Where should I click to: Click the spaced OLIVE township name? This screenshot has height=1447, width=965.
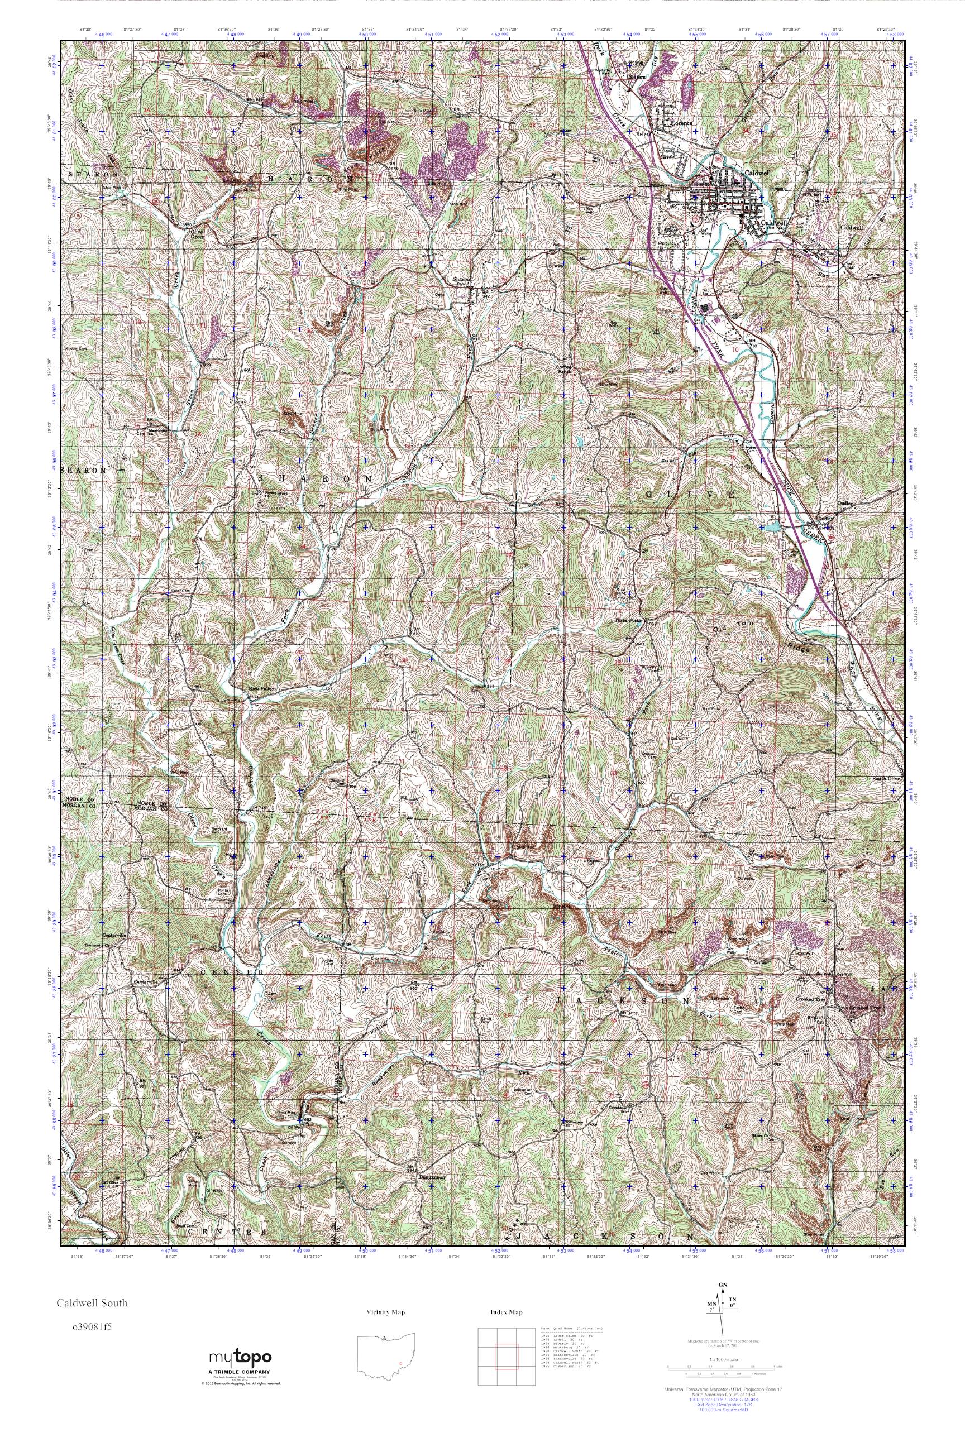coord(690,495)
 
